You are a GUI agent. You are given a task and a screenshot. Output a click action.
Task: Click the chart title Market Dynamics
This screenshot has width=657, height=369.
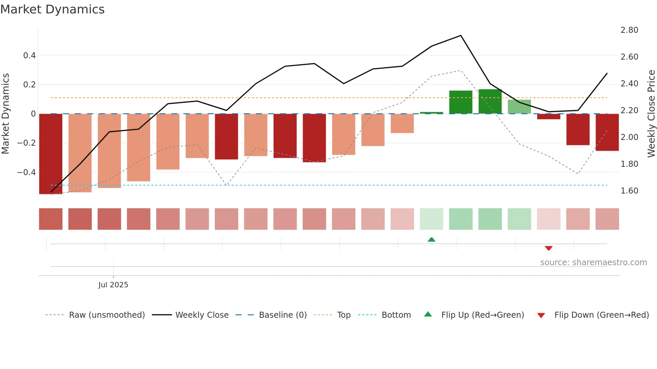coord(52,9)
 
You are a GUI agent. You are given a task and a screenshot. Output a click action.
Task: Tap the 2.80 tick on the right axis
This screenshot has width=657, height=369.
coord(629,30)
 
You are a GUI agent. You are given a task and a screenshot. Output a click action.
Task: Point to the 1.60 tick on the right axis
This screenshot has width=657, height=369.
coord(629,191)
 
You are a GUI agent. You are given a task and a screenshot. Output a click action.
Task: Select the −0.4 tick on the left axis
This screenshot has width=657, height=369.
coord(26,172)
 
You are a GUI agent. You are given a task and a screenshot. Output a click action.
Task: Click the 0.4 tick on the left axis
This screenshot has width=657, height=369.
coord(29,56)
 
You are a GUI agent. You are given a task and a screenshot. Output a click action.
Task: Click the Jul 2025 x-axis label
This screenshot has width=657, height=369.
coord(113,285)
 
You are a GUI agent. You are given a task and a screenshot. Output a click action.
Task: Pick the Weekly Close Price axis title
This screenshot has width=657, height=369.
coord(651,114)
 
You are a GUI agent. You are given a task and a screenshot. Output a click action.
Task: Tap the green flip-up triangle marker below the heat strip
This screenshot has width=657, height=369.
coord(431,240)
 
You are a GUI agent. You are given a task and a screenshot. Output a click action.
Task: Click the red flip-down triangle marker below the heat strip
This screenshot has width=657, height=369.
coord(548,248)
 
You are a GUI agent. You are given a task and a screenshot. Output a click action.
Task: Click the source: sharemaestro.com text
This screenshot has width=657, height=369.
coord(593,263)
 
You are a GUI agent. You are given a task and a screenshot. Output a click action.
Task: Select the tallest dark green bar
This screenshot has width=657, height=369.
coord(490,101)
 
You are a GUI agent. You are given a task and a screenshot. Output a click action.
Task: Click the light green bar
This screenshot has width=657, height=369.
coord(519,106)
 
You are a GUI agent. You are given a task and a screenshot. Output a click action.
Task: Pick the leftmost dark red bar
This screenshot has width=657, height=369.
coord(51,154)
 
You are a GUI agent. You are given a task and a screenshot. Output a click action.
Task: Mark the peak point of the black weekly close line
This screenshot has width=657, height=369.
coord(461,35)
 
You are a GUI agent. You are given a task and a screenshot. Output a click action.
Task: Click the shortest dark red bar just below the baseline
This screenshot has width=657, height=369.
coord(548,117)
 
